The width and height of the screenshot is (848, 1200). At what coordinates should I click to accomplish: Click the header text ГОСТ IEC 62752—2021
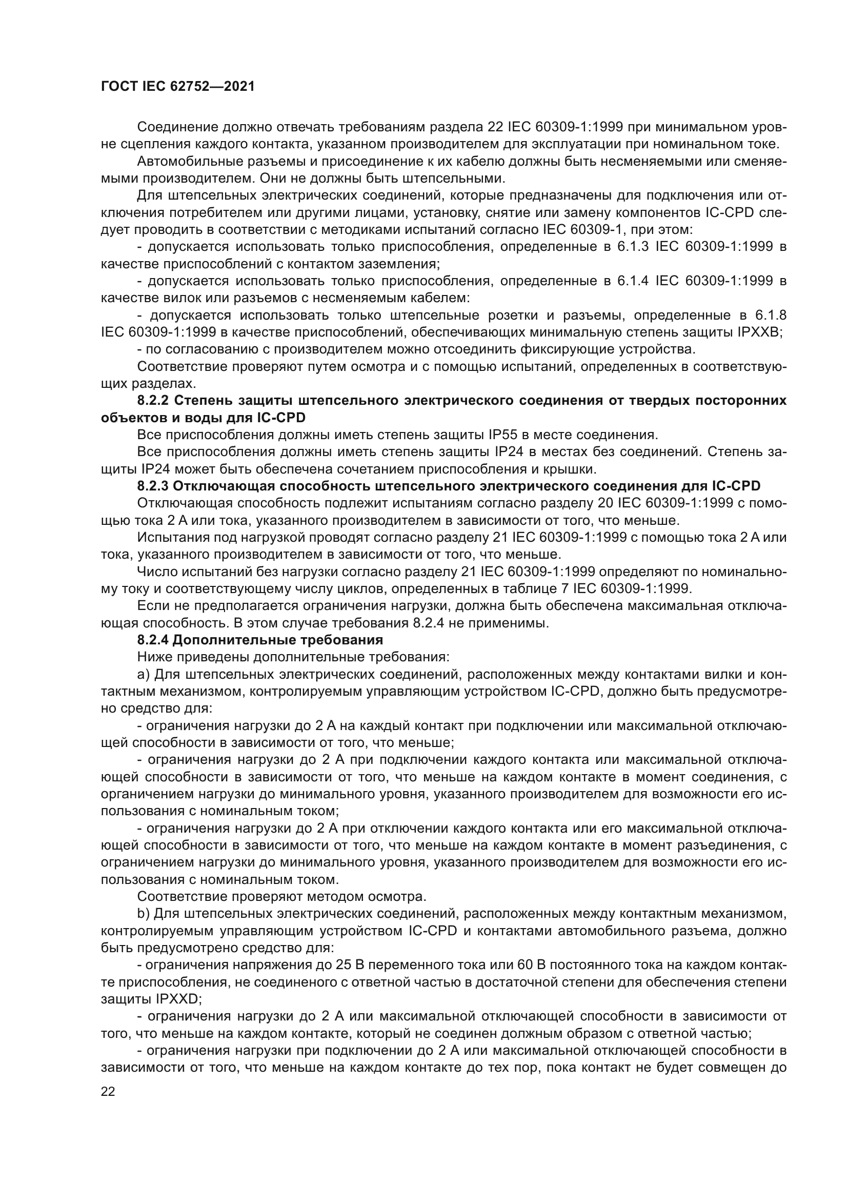click(x=177, y=87)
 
